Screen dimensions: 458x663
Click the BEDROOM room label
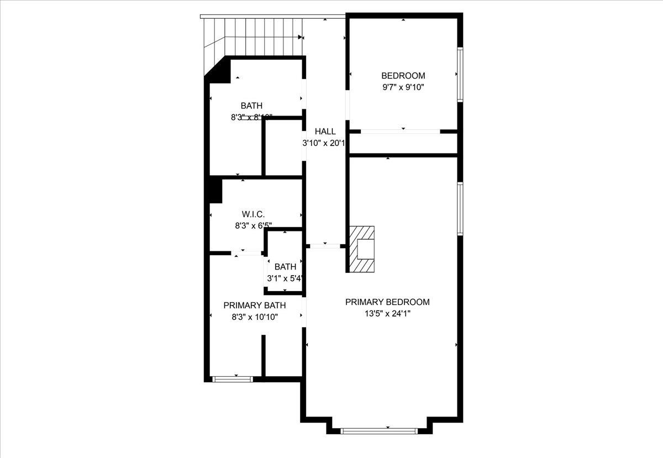(403, 76)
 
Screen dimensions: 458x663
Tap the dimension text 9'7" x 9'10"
(403, 87)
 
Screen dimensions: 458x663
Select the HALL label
(325, 131)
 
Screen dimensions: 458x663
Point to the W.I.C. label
(253, 214)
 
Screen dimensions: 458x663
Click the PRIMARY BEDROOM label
(387, 302)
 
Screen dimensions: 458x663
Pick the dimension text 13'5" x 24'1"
(387, 313)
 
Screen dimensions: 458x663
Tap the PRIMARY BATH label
(254, 306)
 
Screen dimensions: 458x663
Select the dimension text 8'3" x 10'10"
(254, 317)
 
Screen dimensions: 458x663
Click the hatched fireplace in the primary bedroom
(362, 249)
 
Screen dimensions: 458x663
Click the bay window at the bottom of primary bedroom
(379, 430)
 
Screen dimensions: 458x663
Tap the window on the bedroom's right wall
(460, 75)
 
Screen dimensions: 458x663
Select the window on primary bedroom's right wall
(460, 209)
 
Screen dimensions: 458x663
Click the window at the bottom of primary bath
(233, 379)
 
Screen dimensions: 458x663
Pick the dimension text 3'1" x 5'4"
(285, 278)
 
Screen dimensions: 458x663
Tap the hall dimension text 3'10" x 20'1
(324, 143)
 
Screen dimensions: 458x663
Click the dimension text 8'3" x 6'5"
(253, 225)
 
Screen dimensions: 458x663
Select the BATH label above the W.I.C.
(251, 106)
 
